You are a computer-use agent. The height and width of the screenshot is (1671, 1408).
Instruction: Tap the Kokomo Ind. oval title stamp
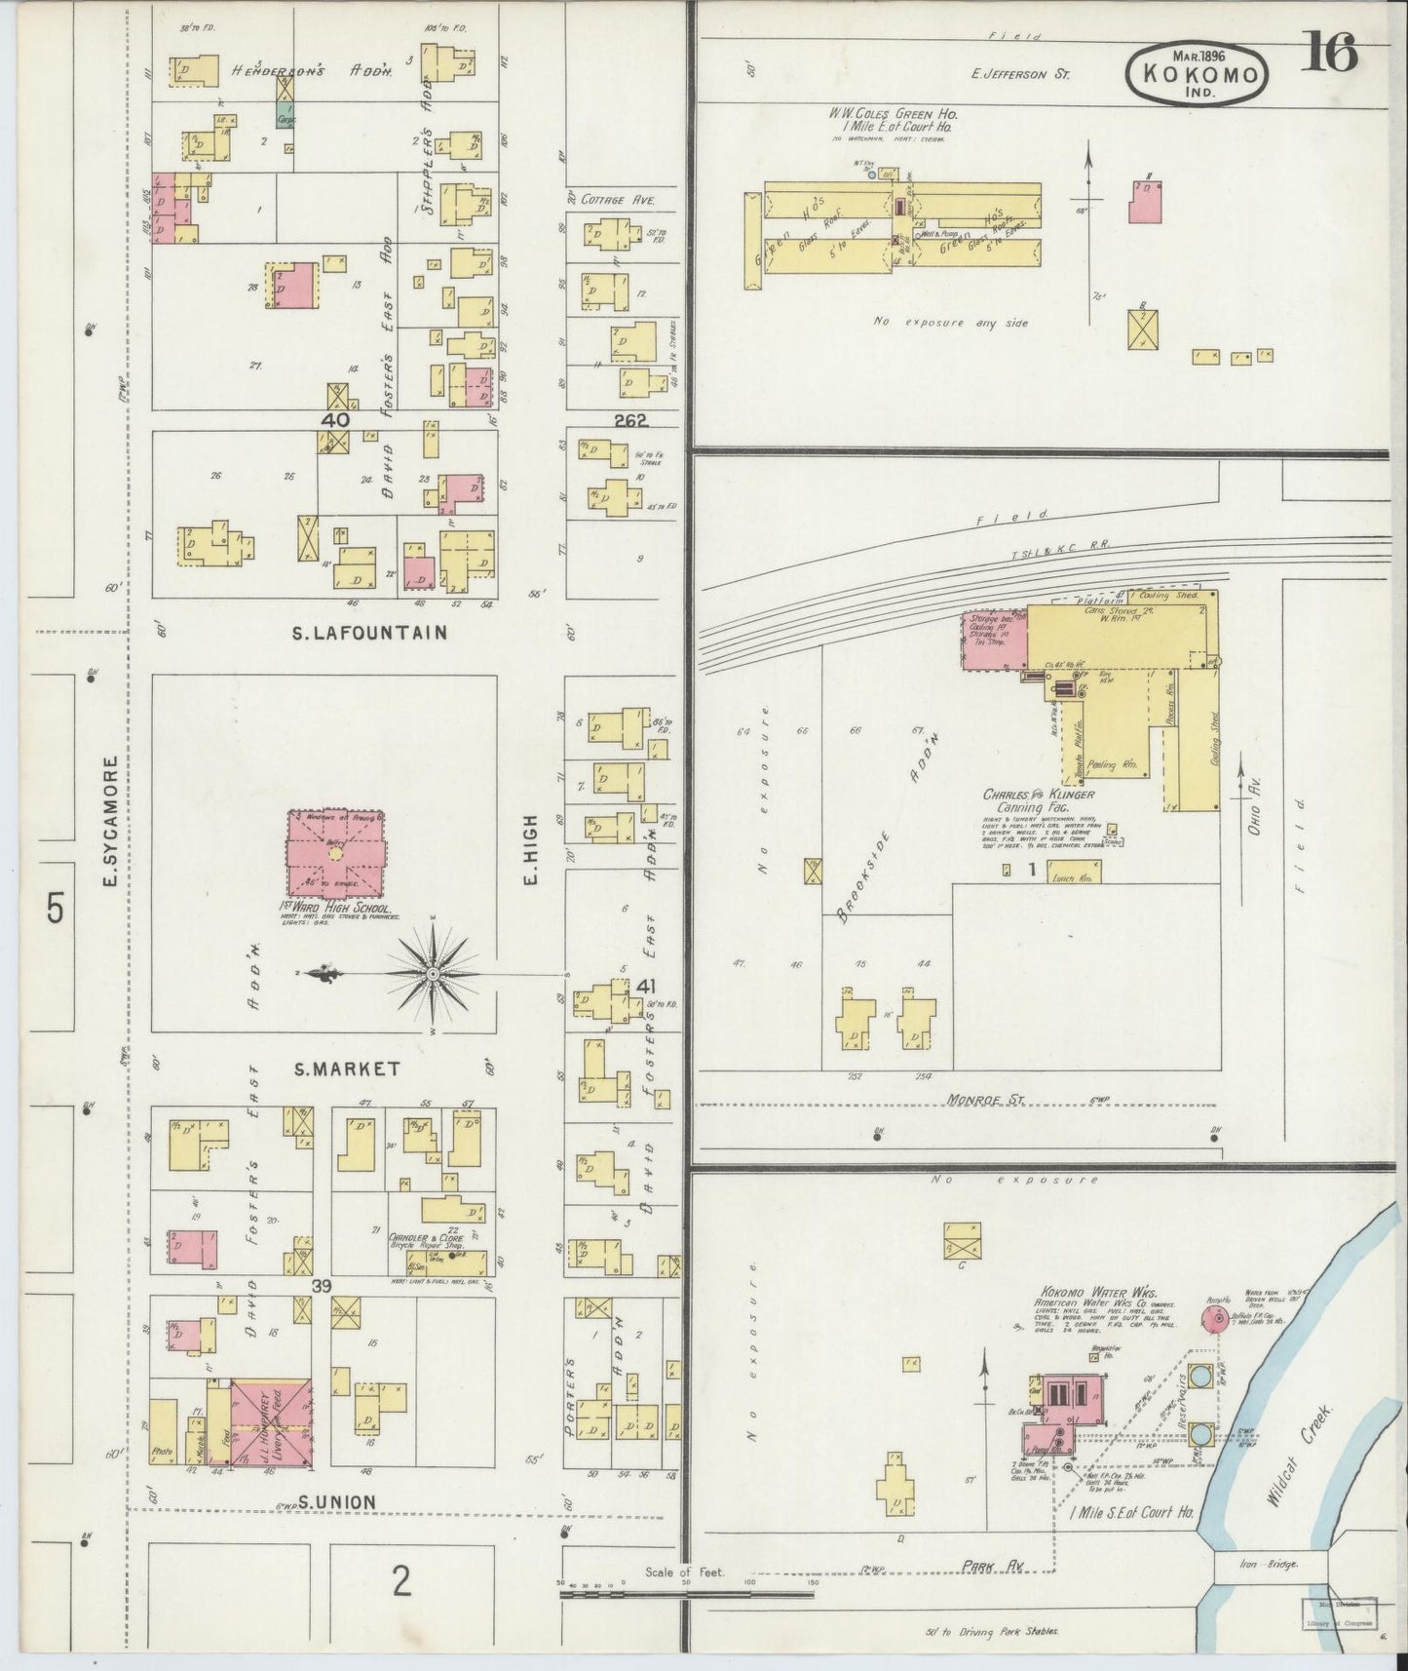pyautogui.click(x=1199, y=74)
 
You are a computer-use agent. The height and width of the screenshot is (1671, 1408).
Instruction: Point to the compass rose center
pyautogui.click(x=431, y=974)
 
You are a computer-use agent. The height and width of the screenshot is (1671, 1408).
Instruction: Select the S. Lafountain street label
pyautogui.click(x=369, y=633)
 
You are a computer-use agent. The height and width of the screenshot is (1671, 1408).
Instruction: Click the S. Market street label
pyautogui.click(x=347, y=1069)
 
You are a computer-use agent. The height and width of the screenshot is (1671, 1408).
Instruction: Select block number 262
pyautogui.click(x=631, y=421)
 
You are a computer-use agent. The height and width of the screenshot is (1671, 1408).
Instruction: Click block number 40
pyautogui.click(x=336, y=420)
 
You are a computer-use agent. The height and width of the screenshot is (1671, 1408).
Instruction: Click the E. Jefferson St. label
pyautogui.click(x=1020, y=73)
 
